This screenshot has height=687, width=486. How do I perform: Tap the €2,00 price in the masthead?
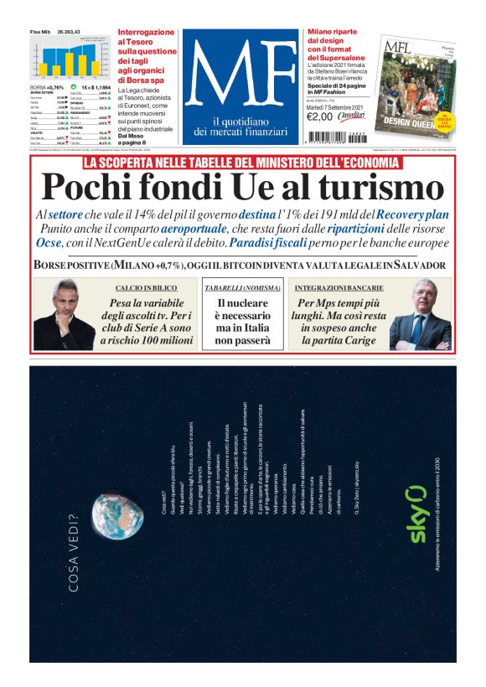point(320,116)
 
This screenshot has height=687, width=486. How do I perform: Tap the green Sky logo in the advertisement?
point(417,514)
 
